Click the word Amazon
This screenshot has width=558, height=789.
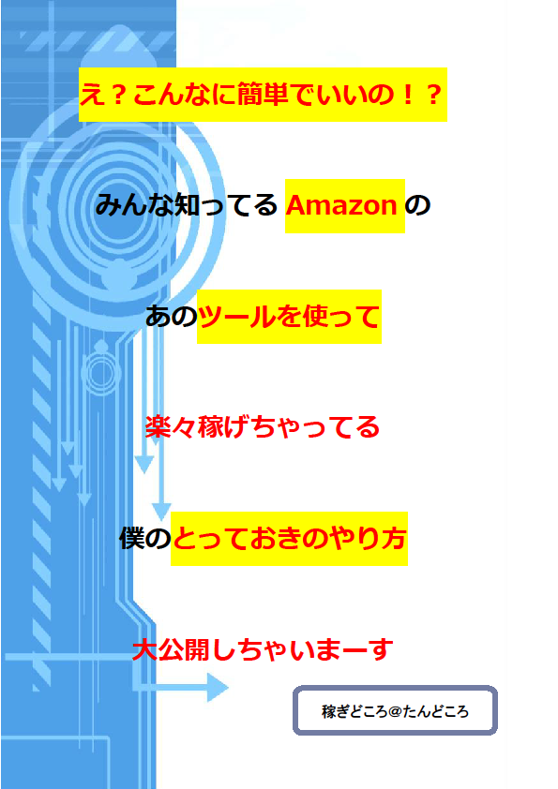341,205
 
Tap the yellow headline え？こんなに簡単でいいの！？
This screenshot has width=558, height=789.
263,95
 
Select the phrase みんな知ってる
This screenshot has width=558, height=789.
187,205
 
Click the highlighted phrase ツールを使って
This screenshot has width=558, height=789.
289,317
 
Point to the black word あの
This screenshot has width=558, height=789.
172,317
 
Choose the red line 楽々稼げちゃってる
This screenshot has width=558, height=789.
263,427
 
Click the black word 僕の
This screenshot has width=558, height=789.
145,539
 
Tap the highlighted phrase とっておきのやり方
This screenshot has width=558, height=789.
289,539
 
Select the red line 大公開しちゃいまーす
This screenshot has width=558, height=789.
263,649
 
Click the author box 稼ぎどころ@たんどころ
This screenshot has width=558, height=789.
396,710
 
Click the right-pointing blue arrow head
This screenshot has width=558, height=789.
218,688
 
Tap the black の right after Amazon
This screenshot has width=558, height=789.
417,205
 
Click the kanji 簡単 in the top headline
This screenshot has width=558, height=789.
263,95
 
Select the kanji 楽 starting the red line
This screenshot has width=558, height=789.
158,427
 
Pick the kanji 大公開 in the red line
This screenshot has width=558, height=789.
171,649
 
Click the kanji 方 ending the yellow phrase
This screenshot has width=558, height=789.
393,539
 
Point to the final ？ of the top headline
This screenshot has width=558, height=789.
433,95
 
